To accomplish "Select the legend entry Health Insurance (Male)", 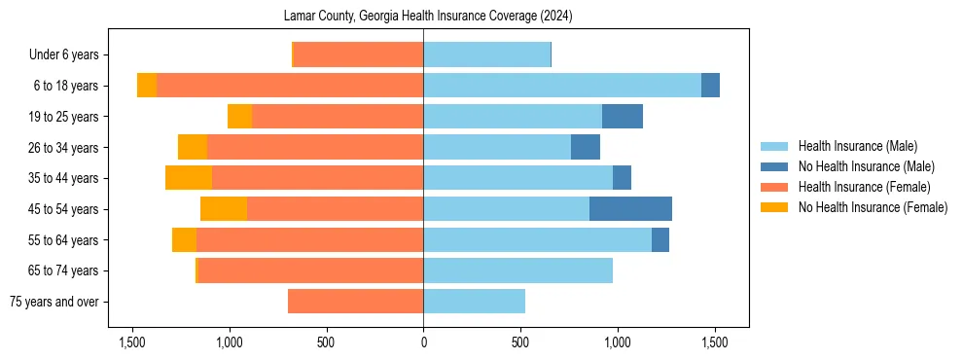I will [x=857, y=147].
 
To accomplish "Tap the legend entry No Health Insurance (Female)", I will [x=873, y=207].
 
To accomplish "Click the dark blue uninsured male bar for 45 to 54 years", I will [x=630, y=209].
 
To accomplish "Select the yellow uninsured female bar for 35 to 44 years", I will [x=189, y=178].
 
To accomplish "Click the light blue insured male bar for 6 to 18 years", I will [x=562, y=86].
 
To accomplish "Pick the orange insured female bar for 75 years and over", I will [x=355, y=302].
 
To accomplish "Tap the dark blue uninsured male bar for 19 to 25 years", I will [x=623, y=117].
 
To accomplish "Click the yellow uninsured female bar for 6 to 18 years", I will [x=147, y=86].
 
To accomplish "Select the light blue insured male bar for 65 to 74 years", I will [x=517, y=270].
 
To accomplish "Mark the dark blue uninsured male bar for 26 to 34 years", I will [x=585, y=148].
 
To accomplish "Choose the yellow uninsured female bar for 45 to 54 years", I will [x=224, y=209].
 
